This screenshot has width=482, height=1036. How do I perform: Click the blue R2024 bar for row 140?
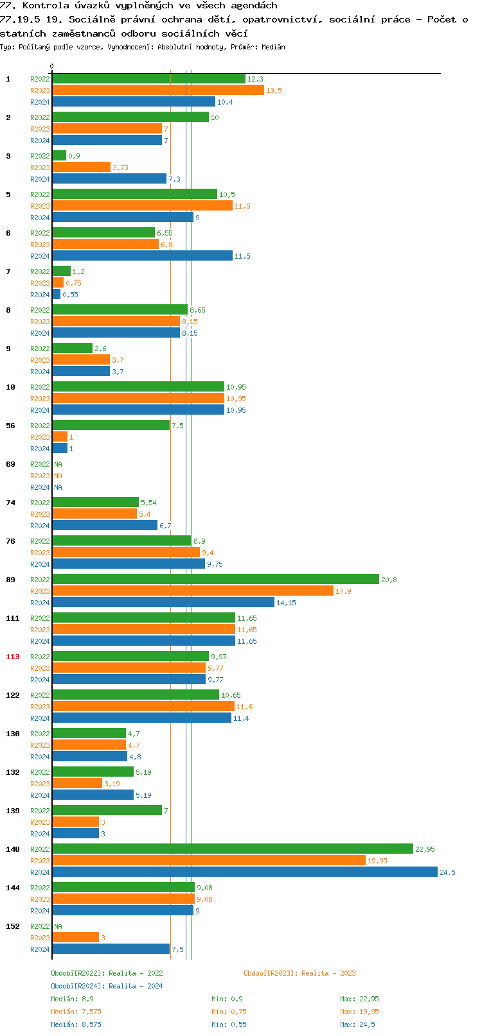point(244,872)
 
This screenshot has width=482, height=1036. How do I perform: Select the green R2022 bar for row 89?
point(215,579)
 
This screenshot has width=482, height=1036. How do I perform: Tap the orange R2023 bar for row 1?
point(157,90)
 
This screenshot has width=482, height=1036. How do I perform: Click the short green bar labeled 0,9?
point(58,155)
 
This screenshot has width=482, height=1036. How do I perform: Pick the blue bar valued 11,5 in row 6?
point(142,255)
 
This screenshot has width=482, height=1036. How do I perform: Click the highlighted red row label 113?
point(13,657)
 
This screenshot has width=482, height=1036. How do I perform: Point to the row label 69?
point(10,464)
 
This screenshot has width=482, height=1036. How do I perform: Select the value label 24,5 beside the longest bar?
point(447,872)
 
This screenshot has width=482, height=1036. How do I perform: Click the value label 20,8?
point(389,580)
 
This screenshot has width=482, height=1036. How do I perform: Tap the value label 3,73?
point(120,168)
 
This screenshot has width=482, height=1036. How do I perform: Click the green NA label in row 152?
point(58,926)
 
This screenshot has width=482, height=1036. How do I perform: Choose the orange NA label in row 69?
point(58,476)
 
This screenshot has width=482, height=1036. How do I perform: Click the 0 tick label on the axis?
point(52,66)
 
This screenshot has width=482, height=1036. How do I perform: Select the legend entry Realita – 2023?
point(299,973)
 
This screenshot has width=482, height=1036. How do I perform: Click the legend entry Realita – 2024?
point(107,986)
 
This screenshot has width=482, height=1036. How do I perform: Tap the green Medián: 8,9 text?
point(72,999)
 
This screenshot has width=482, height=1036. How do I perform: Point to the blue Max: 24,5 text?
point(357,1024)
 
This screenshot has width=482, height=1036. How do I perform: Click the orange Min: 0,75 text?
point(229,1012)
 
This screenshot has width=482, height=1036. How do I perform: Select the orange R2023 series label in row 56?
point(40,437)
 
